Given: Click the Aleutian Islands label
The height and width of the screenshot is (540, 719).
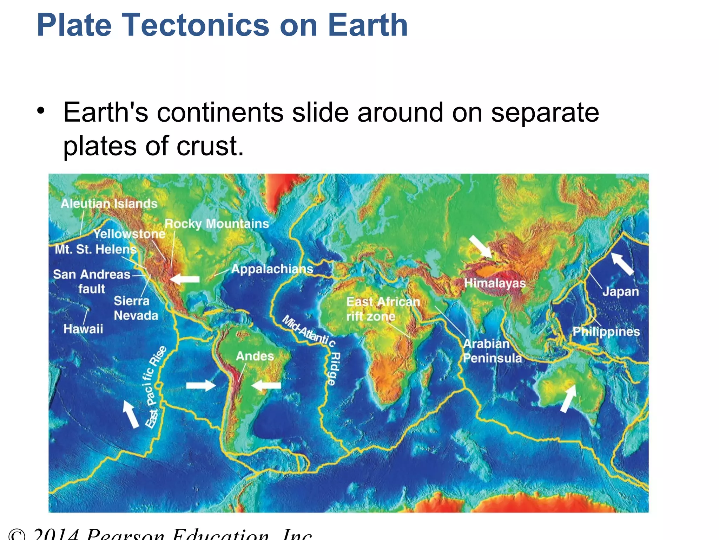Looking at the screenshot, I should pyautogui.click(x=109, y=204).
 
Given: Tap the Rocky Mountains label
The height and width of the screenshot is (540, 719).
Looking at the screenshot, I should pyautogui.click(x=217, y=224).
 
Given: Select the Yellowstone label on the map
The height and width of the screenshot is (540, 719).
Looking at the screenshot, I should pyautogui.click(x=129, y=234).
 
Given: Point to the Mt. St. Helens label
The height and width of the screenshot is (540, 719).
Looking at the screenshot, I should pyautogui.click(x=95, y=249).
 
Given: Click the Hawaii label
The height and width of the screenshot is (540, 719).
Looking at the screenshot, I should pyautogui.click(x=83, y=329).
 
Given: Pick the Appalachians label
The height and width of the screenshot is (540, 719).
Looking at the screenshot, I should pyautogui.click(x=272, y=269).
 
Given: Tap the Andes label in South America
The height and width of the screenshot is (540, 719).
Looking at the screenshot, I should pyautogui.click(x=255, y=356).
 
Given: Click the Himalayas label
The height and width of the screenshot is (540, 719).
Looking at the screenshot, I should pyautogui.click(x=495, y=283).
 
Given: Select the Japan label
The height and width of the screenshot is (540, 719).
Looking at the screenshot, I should pyautogui.click(x=620, y=291).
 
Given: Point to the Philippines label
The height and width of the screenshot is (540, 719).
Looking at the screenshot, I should pyautogui.click(x=606, y=332).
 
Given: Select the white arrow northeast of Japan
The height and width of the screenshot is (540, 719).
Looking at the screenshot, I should pyautogui.click(x=623, y=263).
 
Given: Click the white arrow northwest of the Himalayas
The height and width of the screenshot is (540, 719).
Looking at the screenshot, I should pyautogui.click(x=480, y=246).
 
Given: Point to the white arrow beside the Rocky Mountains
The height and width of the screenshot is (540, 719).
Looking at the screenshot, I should pyautogui.click(x=185, y=279).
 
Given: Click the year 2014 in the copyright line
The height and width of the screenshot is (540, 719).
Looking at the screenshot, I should pyautogui.click(x=56, y=534).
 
